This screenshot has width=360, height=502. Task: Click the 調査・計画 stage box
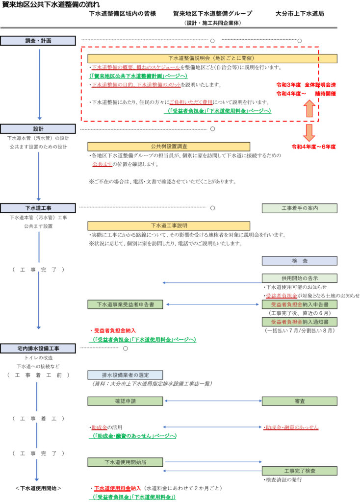click(x=38, y=41)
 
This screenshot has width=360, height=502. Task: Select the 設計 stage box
click(x=38, y=128)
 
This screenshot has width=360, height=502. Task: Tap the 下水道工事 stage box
click(x=38, y=208)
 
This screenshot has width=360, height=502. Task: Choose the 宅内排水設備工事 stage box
click(x=38, y=348)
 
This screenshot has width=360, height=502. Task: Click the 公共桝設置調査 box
click(x=168, y=147)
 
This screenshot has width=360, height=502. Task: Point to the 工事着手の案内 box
click(x=299, y=208)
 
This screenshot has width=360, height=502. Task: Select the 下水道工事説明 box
click(x=168, y=226)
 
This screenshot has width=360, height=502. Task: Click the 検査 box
click(x=299, y=261)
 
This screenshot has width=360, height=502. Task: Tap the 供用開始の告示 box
click(x=299, y=278)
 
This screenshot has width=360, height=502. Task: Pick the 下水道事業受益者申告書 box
click(x=125, y=304)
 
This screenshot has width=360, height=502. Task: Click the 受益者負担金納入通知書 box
click(x=299, y=322)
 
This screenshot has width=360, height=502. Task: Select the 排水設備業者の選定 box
click(x=125, y=375)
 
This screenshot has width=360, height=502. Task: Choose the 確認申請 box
click(x=125, y=401)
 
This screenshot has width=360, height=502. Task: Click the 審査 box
click(x=299, y=401)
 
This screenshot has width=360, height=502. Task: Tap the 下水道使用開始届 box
click(x=125, y=462)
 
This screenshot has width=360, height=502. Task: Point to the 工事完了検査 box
click(x=299, y=471)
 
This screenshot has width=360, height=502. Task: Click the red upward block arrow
click(x=309, y=108)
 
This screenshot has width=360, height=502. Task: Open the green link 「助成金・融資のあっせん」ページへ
click(x=133, y=436)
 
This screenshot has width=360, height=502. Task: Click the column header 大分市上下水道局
click(x=299, y=14)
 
